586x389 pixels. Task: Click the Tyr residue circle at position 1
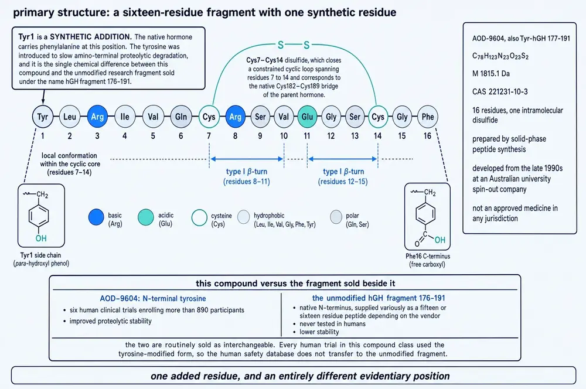coord(43,117)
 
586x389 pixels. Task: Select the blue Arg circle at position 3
coord(97,117)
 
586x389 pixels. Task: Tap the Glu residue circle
coord(307,117)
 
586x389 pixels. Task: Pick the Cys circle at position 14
coord(378,117)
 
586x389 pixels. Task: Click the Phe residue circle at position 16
coord(428,117)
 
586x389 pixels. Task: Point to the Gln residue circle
coord(181,117)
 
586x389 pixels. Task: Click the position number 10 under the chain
coord(284,136)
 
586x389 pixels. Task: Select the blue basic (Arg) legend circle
coord(96,217)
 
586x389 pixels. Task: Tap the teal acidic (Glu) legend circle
coord(146,217)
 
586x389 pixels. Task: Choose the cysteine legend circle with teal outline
coord(199,218)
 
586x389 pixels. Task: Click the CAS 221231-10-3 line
coord(500,91)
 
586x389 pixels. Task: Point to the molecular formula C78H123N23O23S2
coord(500,56)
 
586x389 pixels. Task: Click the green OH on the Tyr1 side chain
coord(41,238)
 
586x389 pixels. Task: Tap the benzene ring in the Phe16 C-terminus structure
coord(425,214)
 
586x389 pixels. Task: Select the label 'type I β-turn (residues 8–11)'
coord(247,176)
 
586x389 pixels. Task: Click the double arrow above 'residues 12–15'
coord(342,159)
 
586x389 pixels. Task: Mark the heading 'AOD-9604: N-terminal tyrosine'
coord(153,299)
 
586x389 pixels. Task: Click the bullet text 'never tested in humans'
coord(333,324)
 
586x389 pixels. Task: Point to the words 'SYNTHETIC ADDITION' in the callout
coord(90,37)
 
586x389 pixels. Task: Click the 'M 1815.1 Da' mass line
coord(491,74)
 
